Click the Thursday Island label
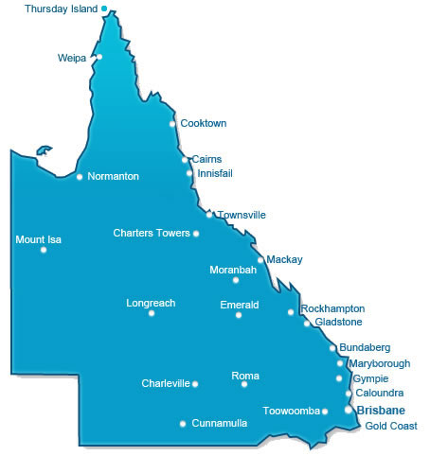tap(61, 9)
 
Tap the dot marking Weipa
tap(99, 57)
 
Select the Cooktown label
tap(203, 123)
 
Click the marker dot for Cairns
tap(186, 160)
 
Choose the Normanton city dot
tap(80, 176)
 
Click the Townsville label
tap(242, 215)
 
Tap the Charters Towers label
tap(151, 233)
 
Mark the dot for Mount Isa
tap(44, 250)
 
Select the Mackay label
tap(284, 258)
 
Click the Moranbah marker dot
tap(236, 280)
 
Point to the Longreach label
tap(151, 303)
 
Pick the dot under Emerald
tap(239, 315)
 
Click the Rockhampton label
tap(331, 309)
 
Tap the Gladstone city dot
tap(307, 324)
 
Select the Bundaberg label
tap(365, 348)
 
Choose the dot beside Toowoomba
tap(325, 412)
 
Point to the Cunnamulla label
tap(219, 423)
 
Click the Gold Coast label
tap(391, 426)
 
